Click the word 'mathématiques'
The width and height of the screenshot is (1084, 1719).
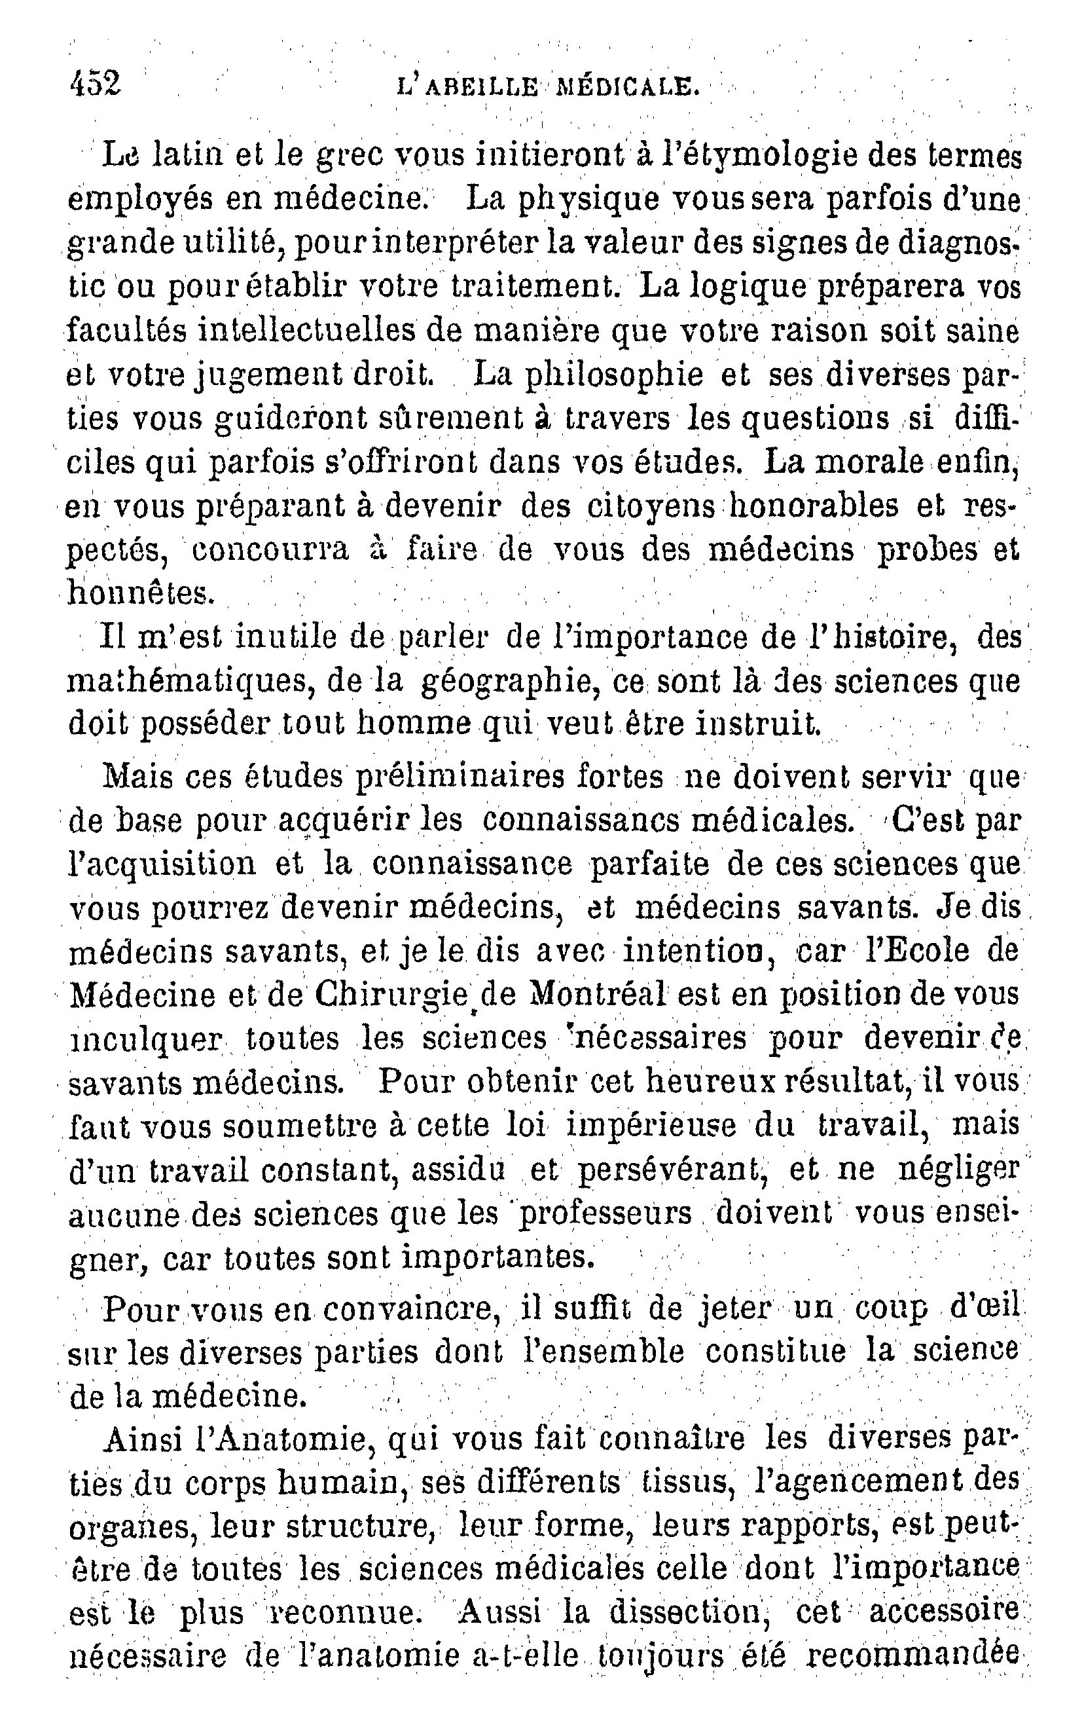191,681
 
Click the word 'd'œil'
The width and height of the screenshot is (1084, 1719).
985,1308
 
